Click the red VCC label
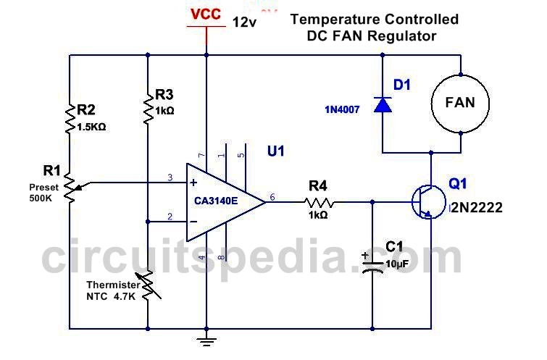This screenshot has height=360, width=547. click(x=206, y=14)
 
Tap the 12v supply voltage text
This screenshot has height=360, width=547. click(x=244, y=22)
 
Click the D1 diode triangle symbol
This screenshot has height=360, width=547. click(x=383, y=104)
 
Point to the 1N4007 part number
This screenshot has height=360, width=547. click(x=342, y=110)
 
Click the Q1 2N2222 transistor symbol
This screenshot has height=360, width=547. click(x=429, y=202)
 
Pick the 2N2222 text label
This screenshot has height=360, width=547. click(x=476, y=208)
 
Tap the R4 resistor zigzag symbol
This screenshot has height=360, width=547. click(x=319, y=202)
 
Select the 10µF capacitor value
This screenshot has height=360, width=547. click(x=397, y=264)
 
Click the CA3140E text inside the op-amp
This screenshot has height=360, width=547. click(x=216, y=201)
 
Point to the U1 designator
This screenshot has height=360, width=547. click(x=275, y=151)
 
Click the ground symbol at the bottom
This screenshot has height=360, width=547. click(x=206, y=341)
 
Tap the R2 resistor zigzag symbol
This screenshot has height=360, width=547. click(x=70, y=119)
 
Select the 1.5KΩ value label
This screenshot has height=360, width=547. click(x=91, y=127)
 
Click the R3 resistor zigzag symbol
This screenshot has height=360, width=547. click(x=148, y=108)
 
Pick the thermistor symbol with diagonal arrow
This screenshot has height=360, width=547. click(x=148, y=286)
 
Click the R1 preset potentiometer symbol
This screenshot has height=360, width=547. click(x=71, y=188)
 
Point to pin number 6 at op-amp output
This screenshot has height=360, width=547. click(x=272, y=197)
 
